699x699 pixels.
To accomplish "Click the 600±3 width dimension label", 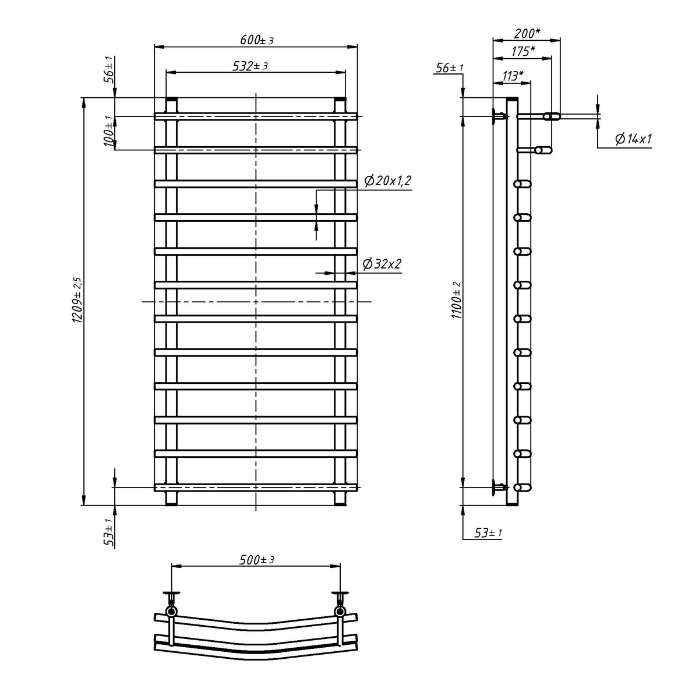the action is (256, 40).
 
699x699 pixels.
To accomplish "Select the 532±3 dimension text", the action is (250, 66).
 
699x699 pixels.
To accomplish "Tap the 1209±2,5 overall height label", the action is (77, 299).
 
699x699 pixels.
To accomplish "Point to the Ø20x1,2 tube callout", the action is (388, 181).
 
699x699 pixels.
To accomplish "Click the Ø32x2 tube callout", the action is (382, 264).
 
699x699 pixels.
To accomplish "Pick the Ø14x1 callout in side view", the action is (633, 139).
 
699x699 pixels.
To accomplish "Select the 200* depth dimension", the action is (527, 33).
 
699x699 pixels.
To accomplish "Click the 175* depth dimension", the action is (523, 51).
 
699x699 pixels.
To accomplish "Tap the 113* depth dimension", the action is (513, 76).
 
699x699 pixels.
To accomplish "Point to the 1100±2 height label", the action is (456, 300).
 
